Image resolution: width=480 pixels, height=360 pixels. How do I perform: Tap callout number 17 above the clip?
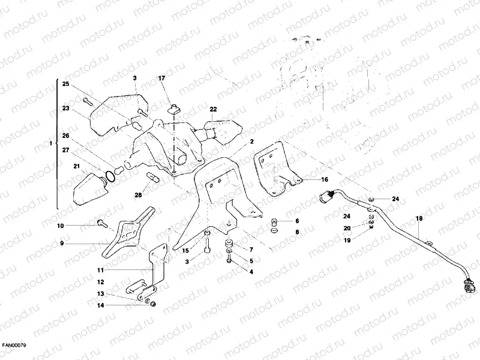click(161, 79)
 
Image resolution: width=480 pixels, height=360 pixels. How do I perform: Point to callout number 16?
click(324, 179)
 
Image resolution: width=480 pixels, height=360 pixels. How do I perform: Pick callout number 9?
click(61, 244)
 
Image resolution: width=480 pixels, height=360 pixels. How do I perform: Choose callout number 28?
click(139, 194)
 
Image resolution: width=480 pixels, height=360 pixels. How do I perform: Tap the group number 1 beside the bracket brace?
click(51, 144)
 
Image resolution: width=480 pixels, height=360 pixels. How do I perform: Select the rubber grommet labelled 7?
click(229, 246)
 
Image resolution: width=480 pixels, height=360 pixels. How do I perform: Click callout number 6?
click(296, 221)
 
